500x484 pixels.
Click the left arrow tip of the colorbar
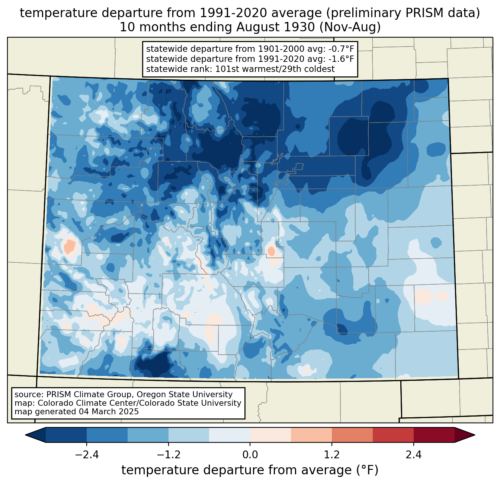(x=25, y=435)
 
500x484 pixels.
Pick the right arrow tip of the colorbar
(x=475, y=435)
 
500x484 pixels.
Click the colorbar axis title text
(x=250, y=470)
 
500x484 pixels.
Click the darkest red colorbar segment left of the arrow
(x=434, y=435)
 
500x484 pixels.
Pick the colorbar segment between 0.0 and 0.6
(x=270, y=435)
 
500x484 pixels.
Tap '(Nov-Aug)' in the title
(x=350, y=27)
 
